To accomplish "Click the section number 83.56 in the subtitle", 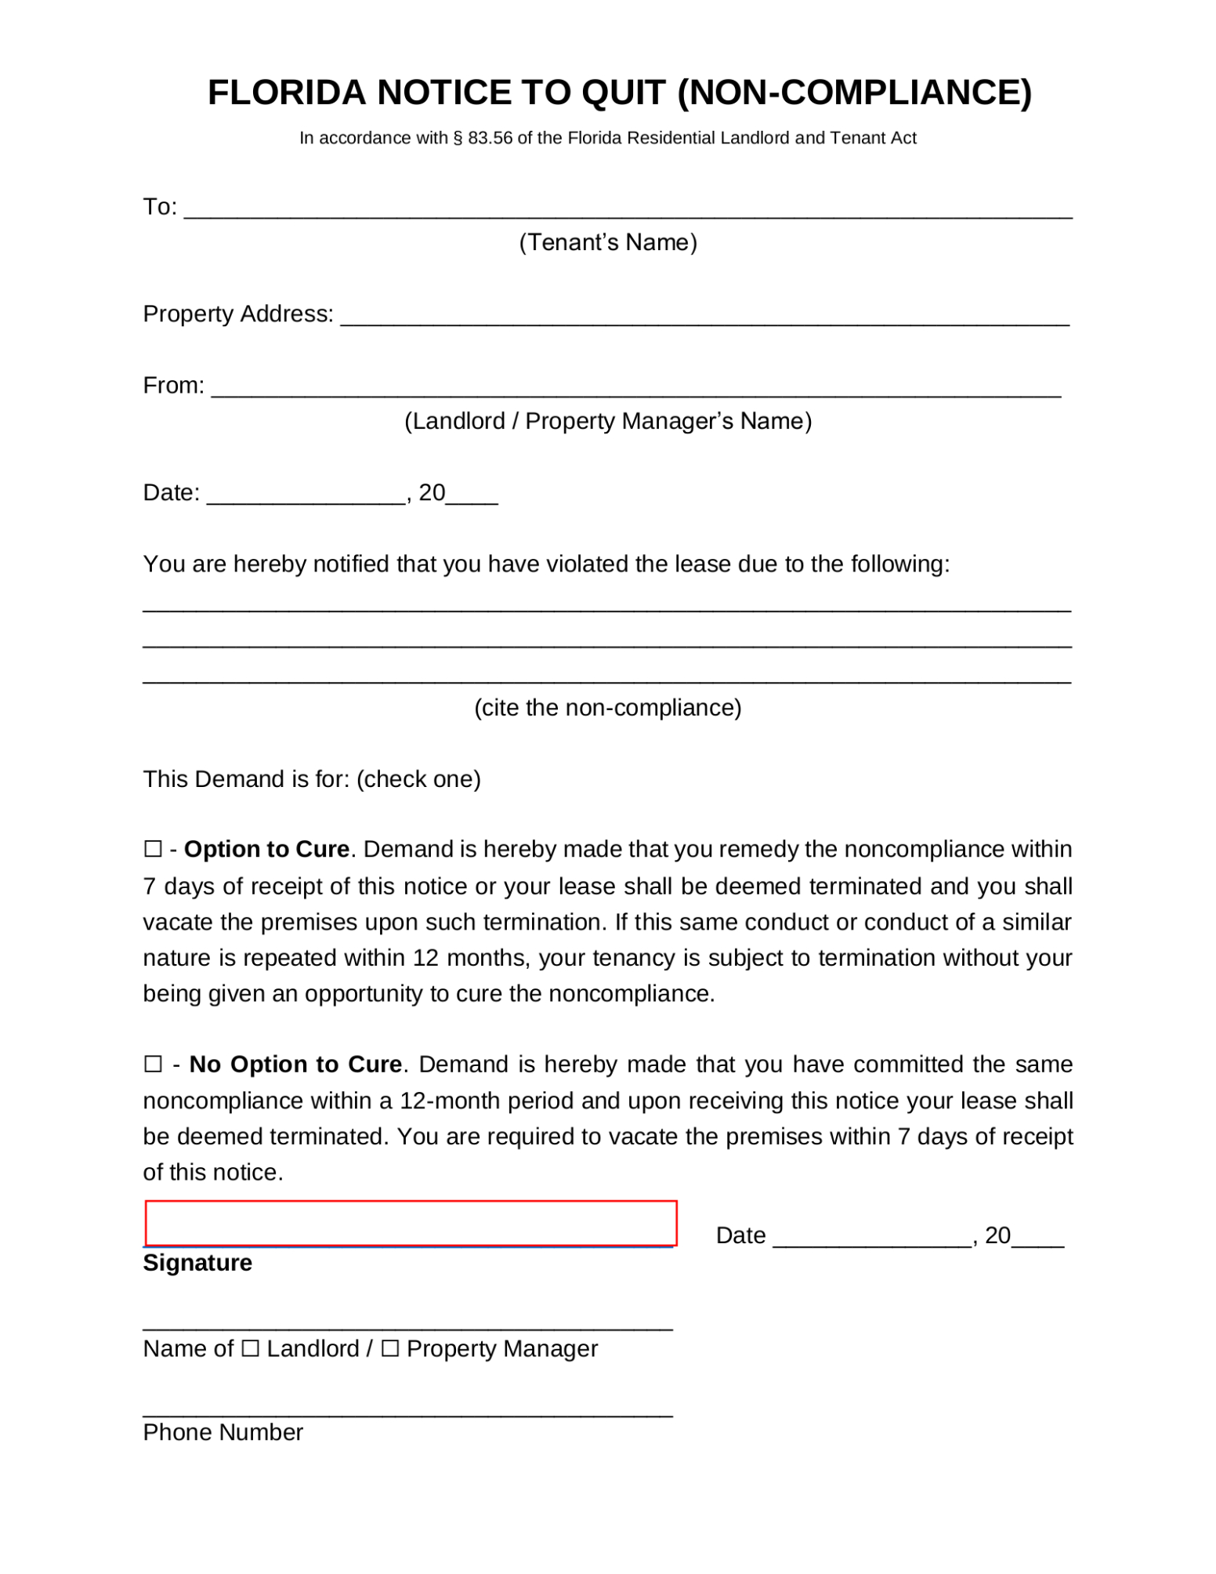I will (x=490, y=139).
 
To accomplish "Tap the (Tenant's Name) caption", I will (x=608, y=242).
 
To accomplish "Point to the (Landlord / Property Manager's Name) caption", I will (x=608, y=421).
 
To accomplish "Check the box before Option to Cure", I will (x=153, y=850).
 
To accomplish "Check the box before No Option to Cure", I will (x=153, y=1064).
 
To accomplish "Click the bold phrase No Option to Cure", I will (x=295, y=1064).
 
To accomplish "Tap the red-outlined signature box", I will (x=411, y=1223).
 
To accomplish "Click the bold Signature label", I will (x=197, y=1263).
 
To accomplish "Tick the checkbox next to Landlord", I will (x=250, y=1348).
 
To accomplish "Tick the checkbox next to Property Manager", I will (x=389, y=1348).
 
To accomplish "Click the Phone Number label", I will (x=223, y=1432).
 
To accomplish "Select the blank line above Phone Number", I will (x=407, y=1411).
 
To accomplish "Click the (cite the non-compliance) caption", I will (x=608, y=708).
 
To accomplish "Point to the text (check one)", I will (x=418, y=779).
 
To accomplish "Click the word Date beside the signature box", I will (x=740, y=1235).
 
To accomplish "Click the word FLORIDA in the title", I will (x=287, y=92).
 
